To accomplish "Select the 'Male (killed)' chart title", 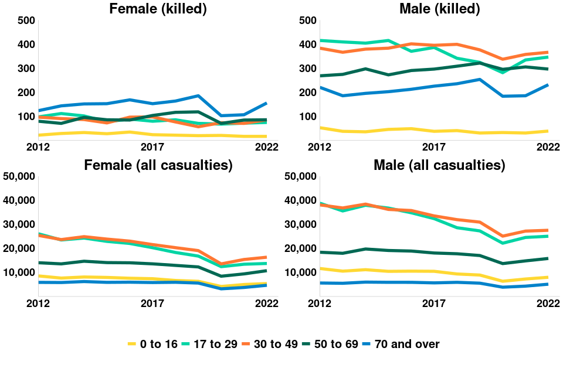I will (x=439, y=9).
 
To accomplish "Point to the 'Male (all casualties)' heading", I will (x=439, y=165).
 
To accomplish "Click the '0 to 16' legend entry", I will (x=153, y=344).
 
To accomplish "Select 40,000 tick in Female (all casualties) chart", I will (x=19, y=200).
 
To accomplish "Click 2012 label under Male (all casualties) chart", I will (x=318, y=303).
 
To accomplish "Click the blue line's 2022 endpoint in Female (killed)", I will (x=267, y=103).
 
